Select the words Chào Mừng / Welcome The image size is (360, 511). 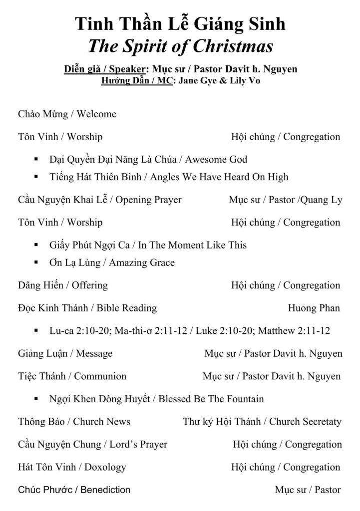pyautogui.click(x=67, y=114)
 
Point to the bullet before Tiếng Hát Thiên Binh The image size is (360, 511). pyautogui.click(x=37, y=177)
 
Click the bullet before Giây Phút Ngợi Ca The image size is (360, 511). pyautogui.click(x=37, y=246)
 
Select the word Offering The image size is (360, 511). pyautogui.click(x=89, y=285)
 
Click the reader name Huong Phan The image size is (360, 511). pyautogui.click(x=314, y=308)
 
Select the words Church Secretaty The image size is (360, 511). pyautogui.click(x=305, y=422)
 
